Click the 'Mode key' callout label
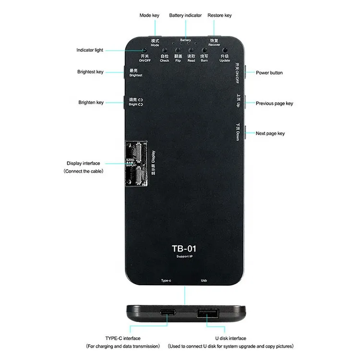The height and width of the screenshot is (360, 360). [x=149, y=15]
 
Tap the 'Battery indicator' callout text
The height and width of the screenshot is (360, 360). [x=185, y=15]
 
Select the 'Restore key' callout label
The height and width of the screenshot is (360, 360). [x=219, y=15]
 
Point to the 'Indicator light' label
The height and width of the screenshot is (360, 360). [x=90, y=50]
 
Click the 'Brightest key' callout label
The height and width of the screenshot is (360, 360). [x=90, y=72]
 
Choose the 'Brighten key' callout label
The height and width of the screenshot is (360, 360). [x=91, y=103]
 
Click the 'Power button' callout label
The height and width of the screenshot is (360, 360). [x=269, y=73]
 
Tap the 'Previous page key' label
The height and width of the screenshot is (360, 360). [x=274, y=103]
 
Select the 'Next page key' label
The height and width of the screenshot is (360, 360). [x=270, y=133]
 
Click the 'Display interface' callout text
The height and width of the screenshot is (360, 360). [x=84, y=164]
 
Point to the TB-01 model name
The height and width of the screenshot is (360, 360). [x=184, y=249]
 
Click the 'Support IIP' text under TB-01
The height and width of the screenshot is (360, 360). [x=184, y=258]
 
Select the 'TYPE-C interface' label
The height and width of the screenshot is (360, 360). [x=122, y=338]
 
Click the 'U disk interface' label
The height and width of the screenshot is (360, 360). [x=231, y=338]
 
